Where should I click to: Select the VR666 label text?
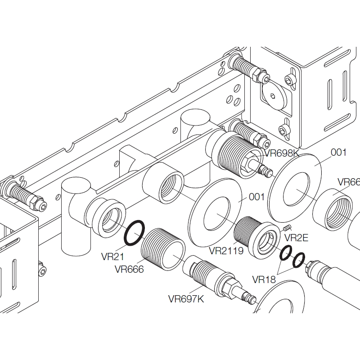click(129, 270)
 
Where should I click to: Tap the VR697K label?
click(186, 298)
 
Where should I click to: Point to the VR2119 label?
click(226, 250)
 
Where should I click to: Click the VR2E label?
click(297, 238)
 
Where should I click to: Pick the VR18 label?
click(264, 279)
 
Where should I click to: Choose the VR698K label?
click(282, 153)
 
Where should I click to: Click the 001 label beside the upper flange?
click(339, 152)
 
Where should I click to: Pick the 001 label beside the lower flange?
click(256, 197)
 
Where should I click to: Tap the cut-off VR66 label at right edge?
click(349, 182)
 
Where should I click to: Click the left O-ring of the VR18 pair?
click(285, 254)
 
